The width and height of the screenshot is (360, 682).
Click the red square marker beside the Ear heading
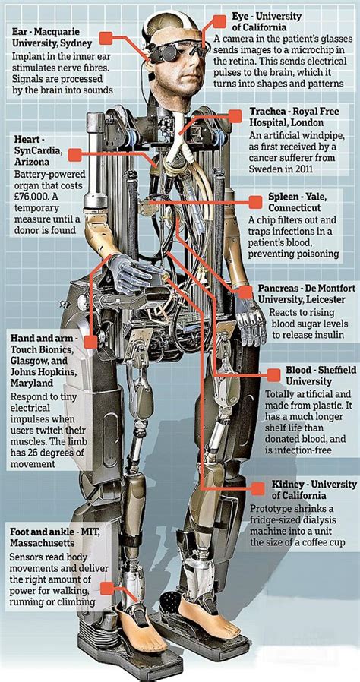tap(106, 38)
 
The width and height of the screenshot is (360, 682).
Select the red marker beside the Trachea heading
tap(235, 116)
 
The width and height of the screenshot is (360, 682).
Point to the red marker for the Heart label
tap(74, 154)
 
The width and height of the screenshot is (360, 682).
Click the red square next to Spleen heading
tap(255, 202)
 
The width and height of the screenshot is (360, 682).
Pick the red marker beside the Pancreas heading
tap(245, 292)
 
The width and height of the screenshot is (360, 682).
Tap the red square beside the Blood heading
tap(273, 375)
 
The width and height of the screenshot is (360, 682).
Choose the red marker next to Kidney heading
tap(257, 488)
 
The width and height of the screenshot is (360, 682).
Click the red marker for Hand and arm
tap(90, 342)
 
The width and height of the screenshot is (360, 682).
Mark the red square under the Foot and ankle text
tap(106, 589)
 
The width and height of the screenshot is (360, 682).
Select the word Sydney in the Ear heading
tap(77, 43)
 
